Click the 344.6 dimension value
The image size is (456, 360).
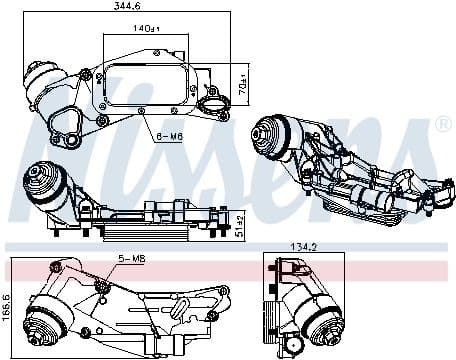[x=127, y=6]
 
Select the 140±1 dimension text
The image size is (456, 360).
[x=146, y=28]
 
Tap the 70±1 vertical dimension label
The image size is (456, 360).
[x=244, y=83]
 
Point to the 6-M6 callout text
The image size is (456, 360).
[x=170, y=137]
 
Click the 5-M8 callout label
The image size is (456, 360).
[x=132, y=259]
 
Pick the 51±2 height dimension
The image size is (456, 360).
[x=239, y=226]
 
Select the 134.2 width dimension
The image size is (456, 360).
[x=303, y=247]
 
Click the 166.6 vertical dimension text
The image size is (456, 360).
[x=6, y=308]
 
